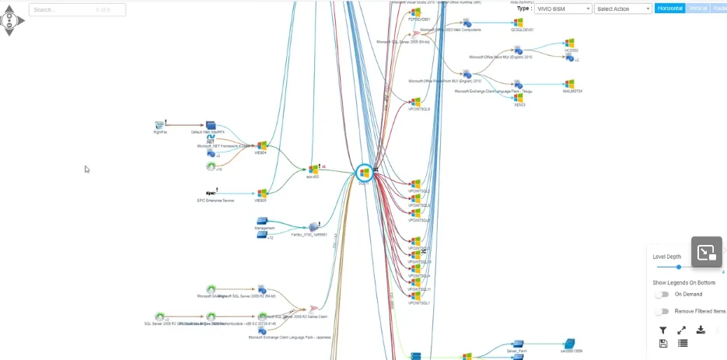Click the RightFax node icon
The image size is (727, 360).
(160, 124)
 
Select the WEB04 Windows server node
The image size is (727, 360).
(262, 145)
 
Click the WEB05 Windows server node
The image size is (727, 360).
(262, 193)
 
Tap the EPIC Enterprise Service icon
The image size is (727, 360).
(211, 192)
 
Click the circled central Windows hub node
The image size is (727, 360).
(364, 173)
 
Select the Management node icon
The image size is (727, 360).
(262, 221)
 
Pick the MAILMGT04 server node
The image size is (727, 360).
(569, 83)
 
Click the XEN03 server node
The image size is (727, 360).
(519, 97)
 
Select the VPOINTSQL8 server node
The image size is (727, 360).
(415, 102)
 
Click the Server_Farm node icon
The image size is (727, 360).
(516, 343)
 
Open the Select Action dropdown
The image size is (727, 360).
(623, 9)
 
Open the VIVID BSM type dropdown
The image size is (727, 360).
(563, 9)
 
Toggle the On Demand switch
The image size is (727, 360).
(662, 295)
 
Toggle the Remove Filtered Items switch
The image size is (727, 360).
(662, 311)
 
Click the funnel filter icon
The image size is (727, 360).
(662, 330)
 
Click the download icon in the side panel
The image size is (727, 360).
(701, 330)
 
